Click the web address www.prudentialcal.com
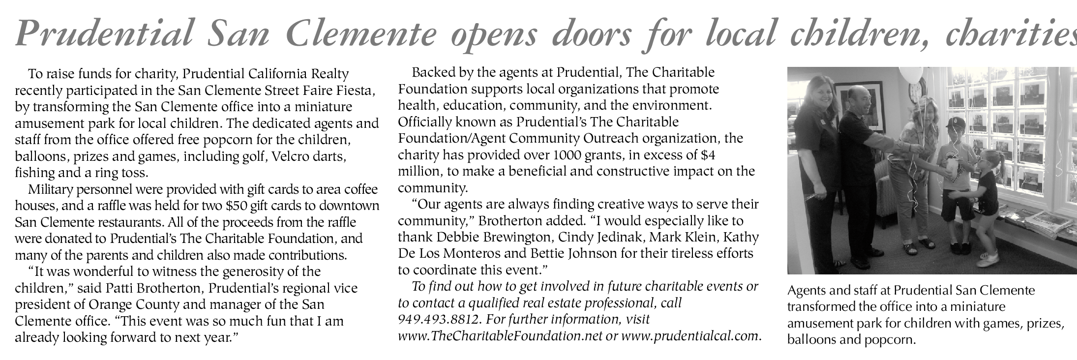(690, 336)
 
